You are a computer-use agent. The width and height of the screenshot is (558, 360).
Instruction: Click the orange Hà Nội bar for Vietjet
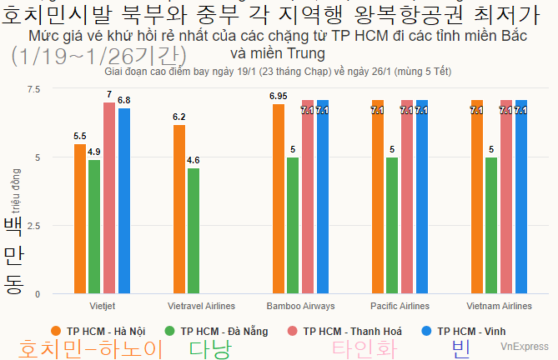[80, 219]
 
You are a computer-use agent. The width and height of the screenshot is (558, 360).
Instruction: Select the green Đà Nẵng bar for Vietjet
[94, 227]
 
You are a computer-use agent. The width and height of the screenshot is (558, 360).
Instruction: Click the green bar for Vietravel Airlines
[194, 231]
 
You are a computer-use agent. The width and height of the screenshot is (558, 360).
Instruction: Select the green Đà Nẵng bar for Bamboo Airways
[293, 226]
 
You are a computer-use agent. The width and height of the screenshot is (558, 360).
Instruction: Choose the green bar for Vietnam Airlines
[491, 226]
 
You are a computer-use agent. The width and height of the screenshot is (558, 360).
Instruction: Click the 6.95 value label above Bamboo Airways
[279, 96]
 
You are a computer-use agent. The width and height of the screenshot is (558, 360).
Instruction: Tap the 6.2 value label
[179, 117]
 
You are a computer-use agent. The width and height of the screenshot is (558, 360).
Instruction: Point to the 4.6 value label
[194, 160]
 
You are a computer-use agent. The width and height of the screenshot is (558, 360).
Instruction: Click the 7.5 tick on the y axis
[33, 89]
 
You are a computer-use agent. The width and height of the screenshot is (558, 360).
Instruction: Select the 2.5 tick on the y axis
[33, 226]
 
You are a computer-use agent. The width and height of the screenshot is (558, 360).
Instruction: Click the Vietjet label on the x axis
[102, 306]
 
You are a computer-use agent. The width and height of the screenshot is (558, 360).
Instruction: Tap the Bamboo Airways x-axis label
[300, 306]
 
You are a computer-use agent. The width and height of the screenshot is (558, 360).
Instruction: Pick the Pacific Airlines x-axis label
[400, 306]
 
